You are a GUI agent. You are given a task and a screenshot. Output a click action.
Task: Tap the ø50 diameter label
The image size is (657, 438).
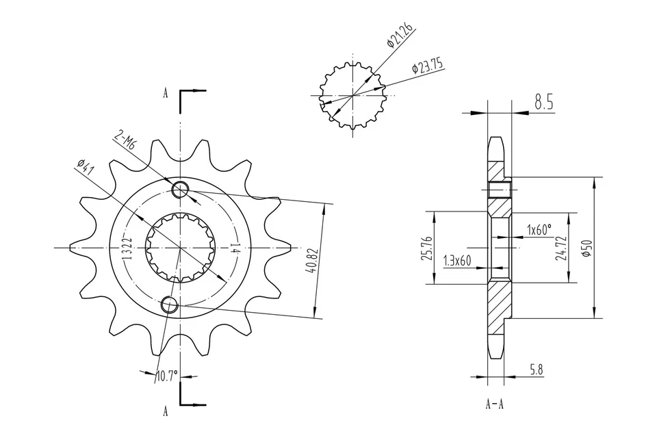point(584,248)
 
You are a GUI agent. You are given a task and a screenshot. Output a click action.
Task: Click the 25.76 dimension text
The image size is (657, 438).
point(428,248)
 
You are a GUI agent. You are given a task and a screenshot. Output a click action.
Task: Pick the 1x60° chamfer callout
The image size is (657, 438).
point(539,229)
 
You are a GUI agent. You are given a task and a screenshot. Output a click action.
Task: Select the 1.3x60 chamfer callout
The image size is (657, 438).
point(458,260)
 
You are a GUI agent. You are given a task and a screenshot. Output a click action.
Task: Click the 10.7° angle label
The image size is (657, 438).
point(166,376)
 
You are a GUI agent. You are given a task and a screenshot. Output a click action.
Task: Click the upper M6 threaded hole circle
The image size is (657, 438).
point(180,190)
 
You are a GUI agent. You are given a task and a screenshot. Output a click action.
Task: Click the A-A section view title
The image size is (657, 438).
point(494,404)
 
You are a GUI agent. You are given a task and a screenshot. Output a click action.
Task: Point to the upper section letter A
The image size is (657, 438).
point(166,94)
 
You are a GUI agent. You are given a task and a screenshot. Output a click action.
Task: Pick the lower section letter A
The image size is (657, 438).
point(166,411)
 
